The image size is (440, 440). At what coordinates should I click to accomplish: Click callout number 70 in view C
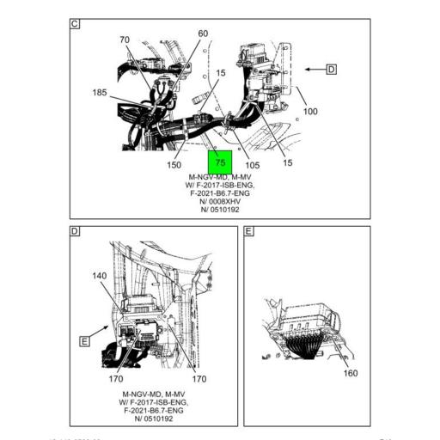[125, 40]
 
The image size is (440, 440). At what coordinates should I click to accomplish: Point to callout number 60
[203, 34]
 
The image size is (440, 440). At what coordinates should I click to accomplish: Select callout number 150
[174, 164]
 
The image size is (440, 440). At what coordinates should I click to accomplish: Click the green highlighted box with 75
[220, 161]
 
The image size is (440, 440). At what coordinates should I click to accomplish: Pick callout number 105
[253, 164]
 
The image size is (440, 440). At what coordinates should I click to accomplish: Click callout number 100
[310, 112]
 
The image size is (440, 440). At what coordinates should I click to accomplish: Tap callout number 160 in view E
[351, 373]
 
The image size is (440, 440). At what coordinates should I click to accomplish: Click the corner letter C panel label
[75, 24]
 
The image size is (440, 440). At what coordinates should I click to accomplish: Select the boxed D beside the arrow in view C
[331, 69]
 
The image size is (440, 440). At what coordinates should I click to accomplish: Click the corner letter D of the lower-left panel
[75, 231]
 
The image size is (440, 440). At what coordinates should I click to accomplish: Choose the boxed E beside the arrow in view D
[85, 341]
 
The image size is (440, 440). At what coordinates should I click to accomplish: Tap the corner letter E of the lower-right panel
[249, 231]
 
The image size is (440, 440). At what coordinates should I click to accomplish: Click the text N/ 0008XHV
[221, 201]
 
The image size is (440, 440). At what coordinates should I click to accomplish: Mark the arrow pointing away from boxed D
[312, 69]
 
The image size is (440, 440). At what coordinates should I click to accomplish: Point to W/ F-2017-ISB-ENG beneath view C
[221, 185]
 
